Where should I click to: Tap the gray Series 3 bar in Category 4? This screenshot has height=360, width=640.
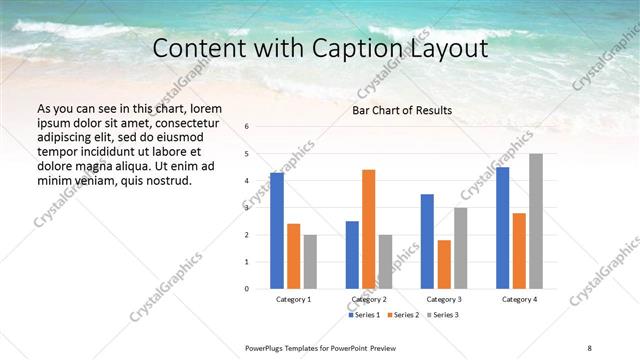click(536, 221)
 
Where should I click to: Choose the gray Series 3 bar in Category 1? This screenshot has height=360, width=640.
click(310, 261)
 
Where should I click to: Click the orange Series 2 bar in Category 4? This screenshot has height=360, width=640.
click(519, 250)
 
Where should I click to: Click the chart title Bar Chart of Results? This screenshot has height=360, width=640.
click(402, 110)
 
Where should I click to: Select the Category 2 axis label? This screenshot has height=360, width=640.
click(369, 299)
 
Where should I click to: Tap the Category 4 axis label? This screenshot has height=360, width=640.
click(519, 299)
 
